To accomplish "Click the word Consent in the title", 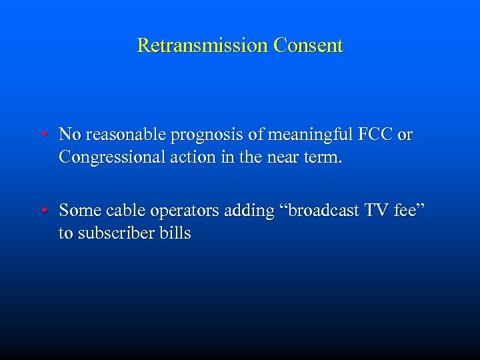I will pos(307,46).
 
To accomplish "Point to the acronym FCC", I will pos(376,135).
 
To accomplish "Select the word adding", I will pos(251,211).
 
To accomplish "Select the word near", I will pos(286,158).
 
